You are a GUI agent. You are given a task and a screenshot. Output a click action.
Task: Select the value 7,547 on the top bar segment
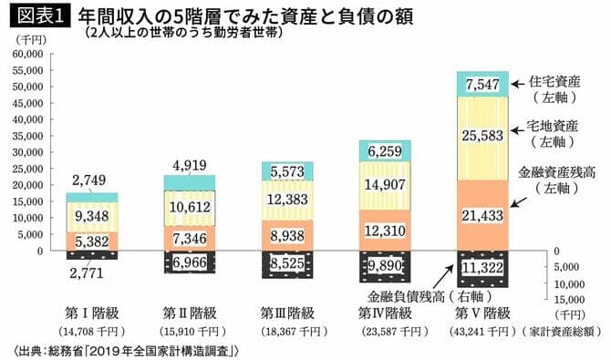[x=482, y=85]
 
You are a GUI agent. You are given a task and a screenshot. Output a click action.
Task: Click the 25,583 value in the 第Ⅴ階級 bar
[x=482, y=135]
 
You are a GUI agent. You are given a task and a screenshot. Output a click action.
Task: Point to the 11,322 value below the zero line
[x=482, y=269]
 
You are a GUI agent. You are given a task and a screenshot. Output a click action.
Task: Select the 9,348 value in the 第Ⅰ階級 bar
[x=94, y=216]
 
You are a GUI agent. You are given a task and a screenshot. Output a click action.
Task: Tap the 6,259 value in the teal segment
[x=386, y=149]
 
